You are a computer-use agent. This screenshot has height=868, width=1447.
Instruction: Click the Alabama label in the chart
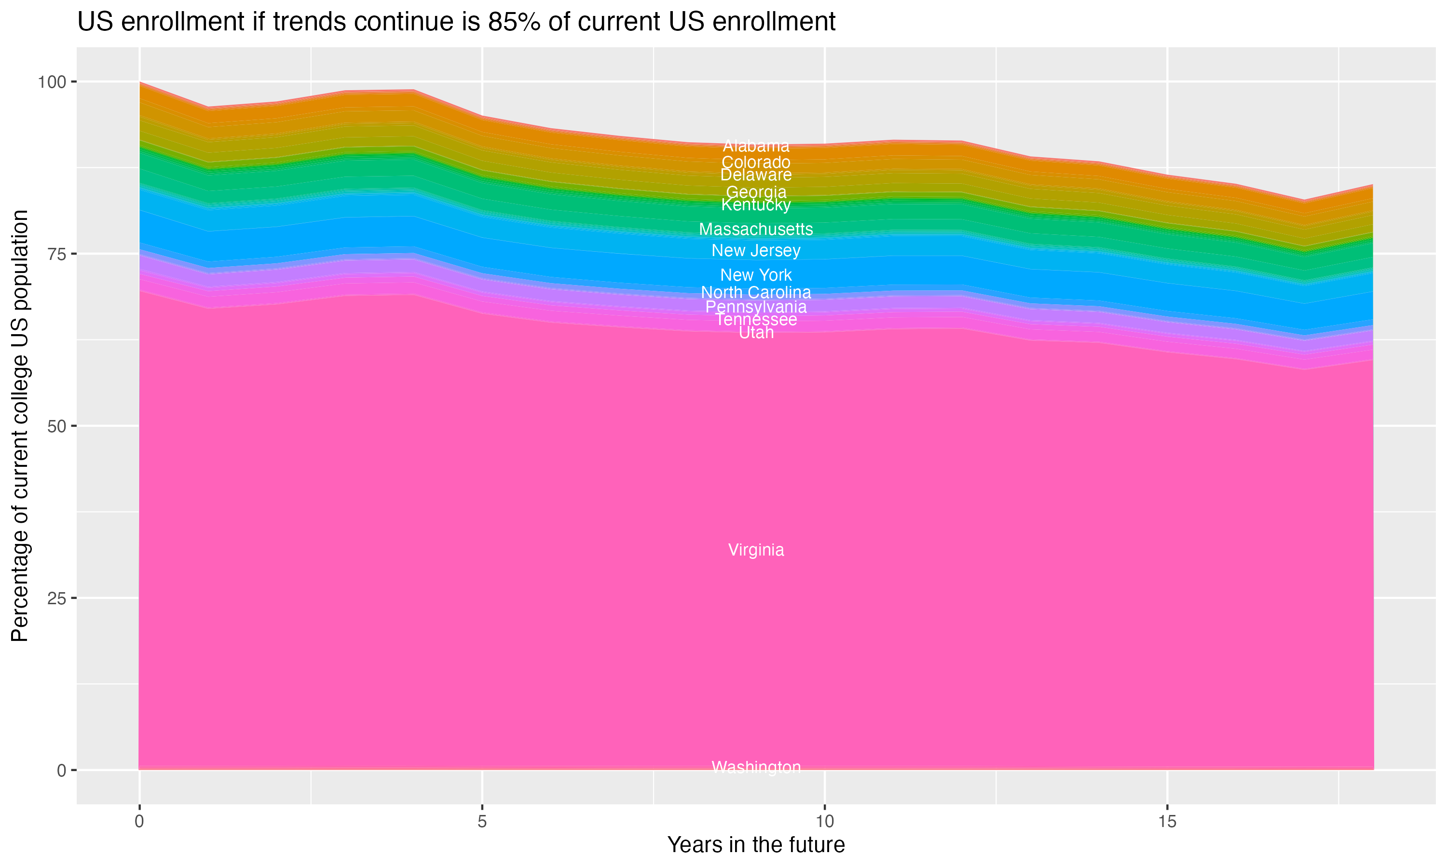coord(756,146)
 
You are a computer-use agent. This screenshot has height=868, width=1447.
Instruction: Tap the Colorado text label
coord(756,162)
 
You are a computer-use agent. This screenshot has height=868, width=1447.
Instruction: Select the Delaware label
coord(756,175)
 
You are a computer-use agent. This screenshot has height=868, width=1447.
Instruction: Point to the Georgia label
coord(756,192)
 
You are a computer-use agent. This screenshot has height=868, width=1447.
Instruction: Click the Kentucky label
coord(756,205)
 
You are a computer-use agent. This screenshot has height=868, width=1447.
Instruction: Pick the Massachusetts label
coord(756,229)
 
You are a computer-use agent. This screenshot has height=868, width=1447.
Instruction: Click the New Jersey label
coord(756,250)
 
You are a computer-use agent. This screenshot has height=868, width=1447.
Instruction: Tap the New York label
coord(756,275)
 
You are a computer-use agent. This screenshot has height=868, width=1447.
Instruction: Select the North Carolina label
coord(756,292)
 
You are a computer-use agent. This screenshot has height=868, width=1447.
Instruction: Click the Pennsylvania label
coord(756,307)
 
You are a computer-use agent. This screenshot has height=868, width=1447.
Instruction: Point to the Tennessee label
coord(756,319)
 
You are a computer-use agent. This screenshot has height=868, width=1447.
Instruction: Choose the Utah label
coord(756,332)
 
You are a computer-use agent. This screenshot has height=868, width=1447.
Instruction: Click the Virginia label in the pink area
coord(756,550)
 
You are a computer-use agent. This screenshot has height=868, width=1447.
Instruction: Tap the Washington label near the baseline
coord(756,767)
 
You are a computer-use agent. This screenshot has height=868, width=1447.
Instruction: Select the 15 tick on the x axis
coord(1167,822)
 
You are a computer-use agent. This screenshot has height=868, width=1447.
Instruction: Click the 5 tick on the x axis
coord(482,822)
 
